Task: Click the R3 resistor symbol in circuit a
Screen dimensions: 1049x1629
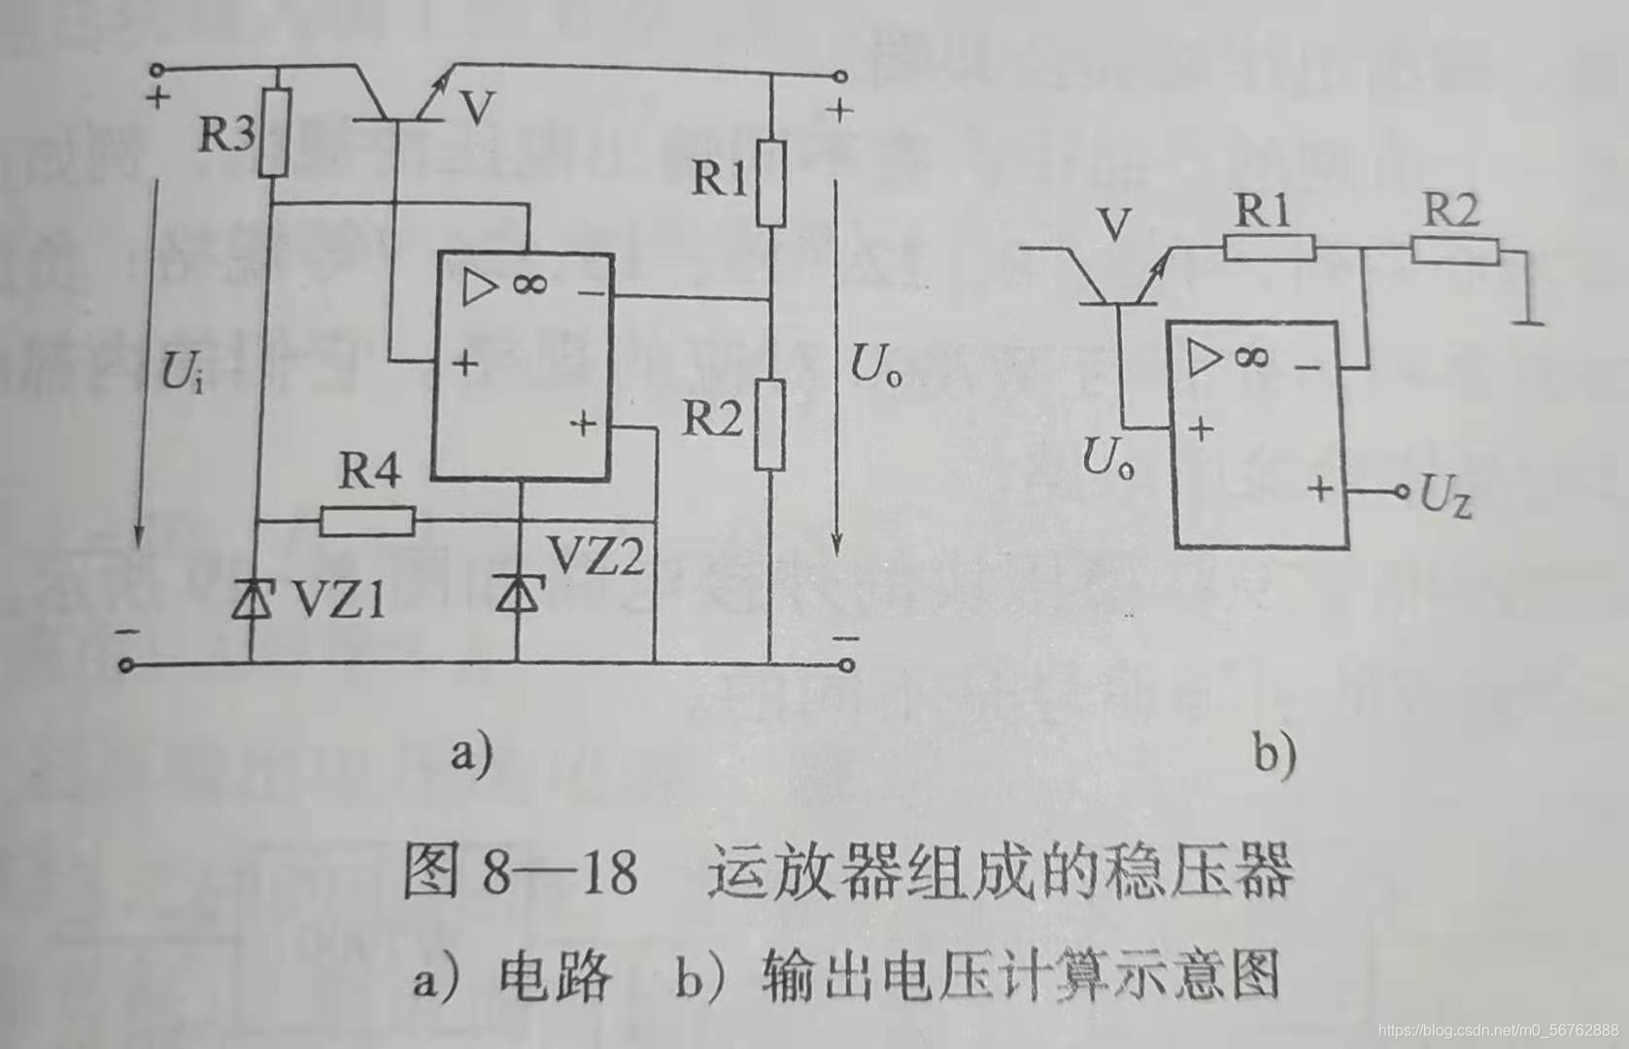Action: tap(275, 133)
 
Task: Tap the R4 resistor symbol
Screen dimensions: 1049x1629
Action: tap(367, 522)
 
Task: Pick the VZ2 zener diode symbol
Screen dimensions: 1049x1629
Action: tap(517, 592)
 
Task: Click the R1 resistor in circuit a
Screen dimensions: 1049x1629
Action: tap(770, 184)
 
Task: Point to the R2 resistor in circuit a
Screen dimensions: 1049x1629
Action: tap(769, 424)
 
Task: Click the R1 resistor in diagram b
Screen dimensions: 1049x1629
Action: tap(1268, 249)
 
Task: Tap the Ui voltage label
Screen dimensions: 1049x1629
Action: tap(182, 371)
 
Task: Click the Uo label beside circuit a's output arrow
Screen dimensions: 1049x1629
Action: tap(875, 367)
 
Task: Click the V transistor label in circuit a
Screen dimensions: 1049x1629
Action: tap(476, 110)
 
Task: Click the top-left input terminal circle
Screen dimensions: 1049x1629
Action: tap(155, 69)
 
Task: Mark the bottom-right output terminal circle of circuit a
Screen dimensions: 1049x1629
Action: tap(846, 664)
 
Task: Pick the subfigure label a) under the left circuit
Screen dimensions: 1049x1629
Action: tap(471, 752)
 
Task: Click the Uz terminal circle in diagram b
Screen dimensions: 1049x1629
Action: tap(1401, 492)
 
